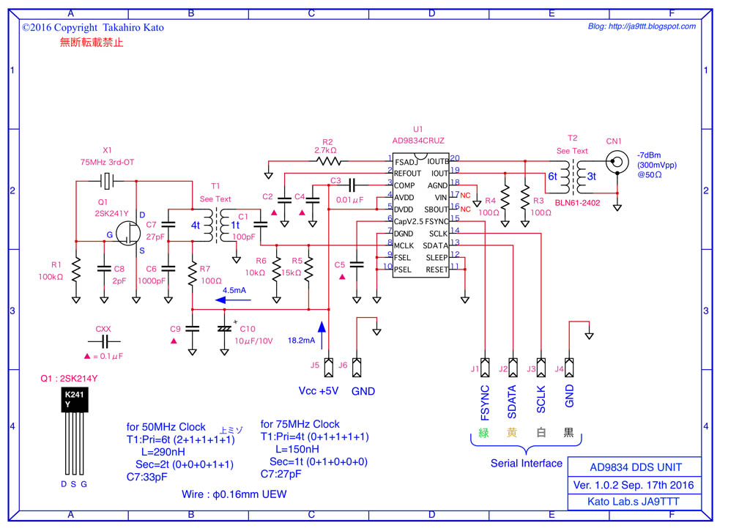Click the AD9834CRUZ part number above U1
(x=418, y=140)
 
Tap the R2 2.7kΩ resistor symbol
(x=327, y=160)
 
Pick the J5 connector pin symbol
(x=329, y=365)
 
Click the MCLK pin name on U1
(x=404, y=245)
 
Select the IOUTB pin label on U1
(x=437, y=161)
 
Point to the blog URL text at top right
(x=642, y=26)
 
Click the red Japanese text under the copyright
(x=92, y=42)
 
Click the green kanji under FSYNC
(x=483, y=432)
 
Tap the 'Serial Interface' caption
(x=527, y=463)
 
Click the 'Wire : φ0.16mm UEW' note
(x=234, y=494)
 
